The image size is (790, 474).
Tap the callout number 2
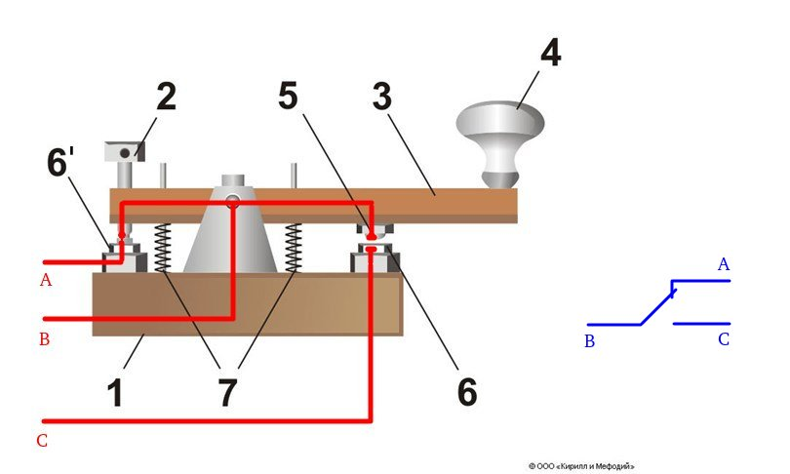166,98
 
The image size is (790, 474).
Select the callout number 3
381,98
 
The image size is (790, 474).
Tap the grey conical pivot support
234,234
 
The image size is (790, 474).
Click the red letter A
44,281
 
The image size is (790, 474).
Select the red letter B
44,338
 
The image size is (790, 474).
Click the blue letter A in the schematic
723,264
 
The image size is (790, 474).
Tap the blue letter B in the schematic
589,341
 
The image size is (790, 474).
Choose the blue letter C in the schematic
723,339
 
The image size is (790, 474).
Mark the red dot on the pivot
233,204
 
